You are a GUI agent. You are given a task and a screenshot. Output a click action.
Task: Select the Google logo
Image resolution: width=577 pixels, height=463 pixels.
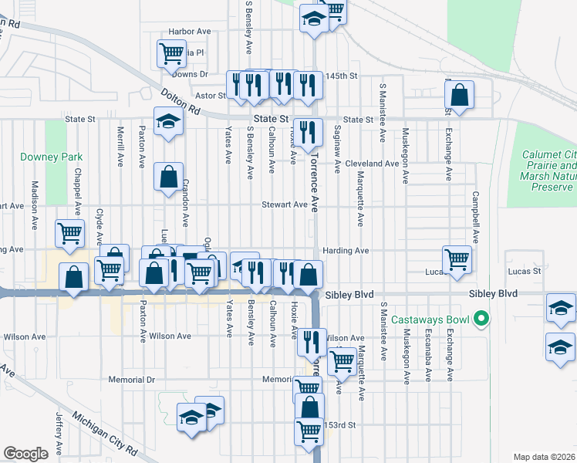click(25, 454)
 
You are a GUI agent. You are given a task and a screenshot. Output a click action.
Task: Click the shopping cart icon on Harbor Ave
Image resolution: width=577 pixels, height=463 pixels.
click(171, 53)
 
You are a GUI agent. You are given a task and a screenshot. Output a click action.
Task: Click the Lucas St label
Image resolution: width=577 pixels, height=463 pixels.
click(524, 272)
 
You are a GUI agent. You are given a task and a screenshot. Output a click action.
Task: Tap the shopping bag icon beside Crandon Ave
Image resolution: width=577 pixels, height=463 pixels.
click(168, 177)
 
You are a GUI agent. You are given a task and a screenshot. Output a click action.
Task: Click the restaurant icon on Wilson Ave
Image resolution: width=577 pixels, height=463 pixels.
click(312, 341)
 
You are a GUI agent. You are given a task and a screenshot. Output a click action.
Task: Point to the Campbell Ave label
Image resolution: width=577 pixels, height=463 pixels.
click(476, 217)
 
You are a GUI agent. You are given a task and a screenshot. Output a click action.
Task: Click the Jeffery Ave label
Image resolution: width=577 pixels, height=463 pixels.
click(59, 434)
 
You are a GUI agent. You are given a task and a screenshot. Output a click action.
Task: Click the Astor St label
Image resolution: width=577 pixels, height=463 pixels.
click(209, 96)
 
